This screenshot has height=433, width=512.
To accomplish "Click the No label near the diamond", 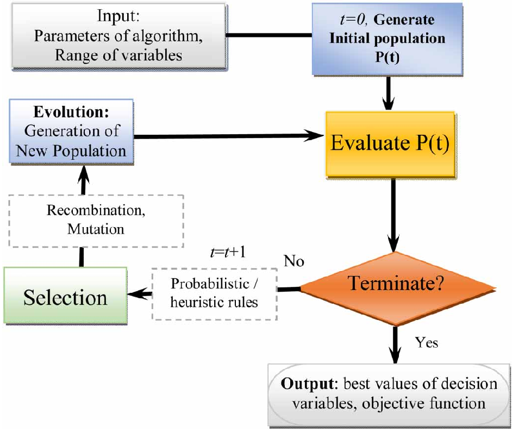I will point(294,261).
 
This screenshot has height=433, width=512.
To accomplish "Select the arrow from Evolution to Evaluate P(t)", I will point(228,136).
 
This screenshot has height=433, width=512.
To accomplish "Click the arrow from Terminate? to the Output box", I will point(396,345).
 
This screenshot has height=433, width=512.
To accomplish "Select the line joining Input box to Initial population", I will point(267,36).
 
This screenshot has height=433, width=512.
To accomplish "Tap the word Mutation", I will point(96,229).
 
